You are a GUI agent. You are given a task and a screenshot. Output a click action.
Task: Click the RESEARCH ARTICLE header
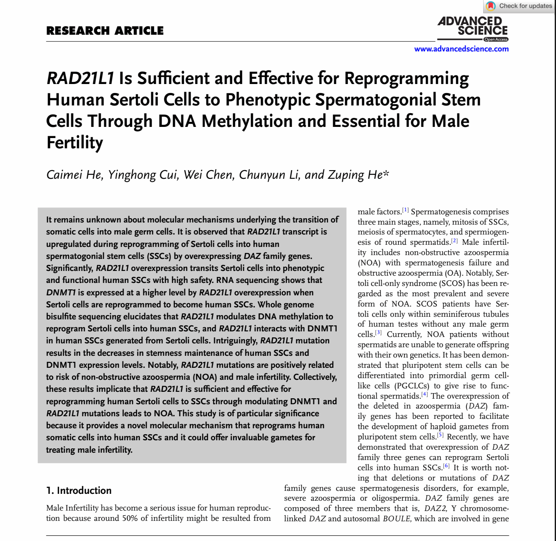[x=105, y=31]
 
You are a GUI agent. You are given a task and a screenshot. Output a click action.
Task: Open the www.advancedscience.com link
[x=461, y=49]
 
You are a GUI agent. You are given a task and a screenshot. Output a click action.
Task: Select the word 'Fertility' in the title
[x=75, y=143]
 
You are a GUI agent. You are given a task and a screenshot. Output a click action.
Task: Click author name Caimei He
[x=74, y=175]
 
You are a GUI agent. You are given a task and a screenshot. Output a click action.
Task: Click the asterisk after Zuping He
[x=386, y=173]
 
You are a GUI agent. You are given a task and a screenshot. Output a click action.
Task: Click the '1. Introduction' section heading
[x=79, y=490]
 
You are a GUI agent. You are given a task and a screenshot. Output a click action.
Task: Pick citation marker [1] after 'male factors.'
[x=405, y=210]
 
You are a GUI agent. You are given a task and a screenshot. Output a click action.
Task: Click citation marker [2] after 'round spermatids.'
[x=454, y=241]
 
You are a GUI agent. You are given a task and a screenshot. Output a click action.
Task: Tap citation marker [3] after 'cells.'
[x=378, y=333]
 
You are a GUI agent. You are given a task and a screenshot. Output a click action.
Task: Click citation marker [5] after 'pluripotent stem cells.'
[x=440, y=435]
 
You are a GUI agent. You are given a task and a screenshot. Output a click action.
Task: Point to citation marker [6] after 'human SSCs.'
[x=446, y=466]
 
